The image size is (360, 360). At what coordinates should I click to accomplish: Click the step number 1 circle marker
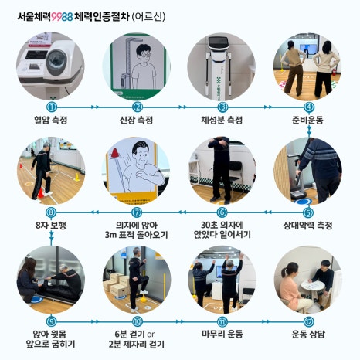(52, 107)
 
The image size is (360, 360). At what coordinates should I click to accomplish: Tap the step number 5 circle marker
(308, 212)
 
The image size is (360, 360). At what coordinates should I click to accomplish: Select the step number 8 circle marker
(51, 212)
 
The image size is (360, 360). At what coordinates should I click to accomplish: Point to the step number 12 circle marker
(308, 321)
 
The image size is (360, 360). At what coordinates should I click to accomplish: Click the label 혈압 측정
(51, 120)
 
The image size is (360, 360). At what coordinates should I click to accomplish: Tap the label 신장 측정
(137, 120)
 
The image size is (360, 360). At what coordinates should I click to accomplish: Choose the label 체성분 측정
(222, 120)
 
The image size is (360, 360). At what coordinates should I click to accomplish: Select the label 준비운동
(307, 120)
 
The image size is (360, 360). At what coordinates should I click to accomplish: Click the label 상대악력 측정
(307, 226)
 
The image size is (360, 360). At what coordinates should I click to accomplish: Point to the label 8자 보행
(51, 226)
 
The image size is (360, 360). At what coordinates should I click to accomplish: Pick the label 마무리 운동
(222, 335)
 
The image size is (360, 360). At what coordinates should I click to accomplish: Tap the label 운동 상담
(308, 335)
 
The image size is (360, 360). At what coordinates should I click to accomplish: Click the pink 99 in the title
(56, 17)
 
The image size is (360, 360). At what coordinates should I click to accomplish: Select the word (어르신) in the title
(148, 17)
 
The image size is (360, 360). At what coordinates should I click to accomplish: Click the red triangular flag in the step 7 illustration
(115, 153)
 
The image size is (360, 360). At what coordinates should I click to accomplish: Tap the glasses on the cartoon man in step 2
(146, 55)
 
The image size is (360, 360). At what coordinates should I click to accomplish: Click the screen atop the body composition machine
(219, 43)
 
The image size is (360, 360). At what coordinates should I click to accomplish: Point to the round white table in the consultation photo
(313, 286)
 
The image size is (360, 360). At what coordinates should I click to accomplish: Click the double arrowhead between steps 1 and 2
(95, 107)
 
